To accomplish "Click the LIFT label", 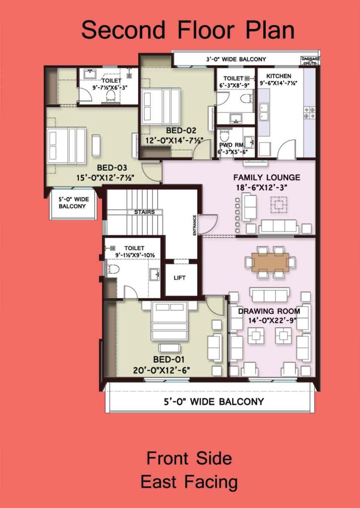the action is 180,278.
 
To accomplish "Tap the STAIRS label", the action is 144,212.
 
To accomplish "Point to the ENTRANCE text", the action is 194,225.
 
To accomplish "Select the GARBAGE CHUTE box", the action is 310,61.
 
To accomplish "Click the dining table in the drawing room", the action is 270,262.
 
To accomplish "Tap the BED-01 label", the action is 168,359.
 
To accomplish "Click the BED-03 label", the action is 112,168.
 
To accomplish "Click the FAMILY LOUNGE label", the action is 267,178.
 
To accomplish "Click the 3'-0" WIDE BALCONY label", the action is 236,60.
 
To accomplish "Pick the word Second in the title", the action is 123,30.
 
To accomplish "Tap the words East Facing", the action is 189,482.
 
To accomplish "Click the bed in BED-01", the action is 169,321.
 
